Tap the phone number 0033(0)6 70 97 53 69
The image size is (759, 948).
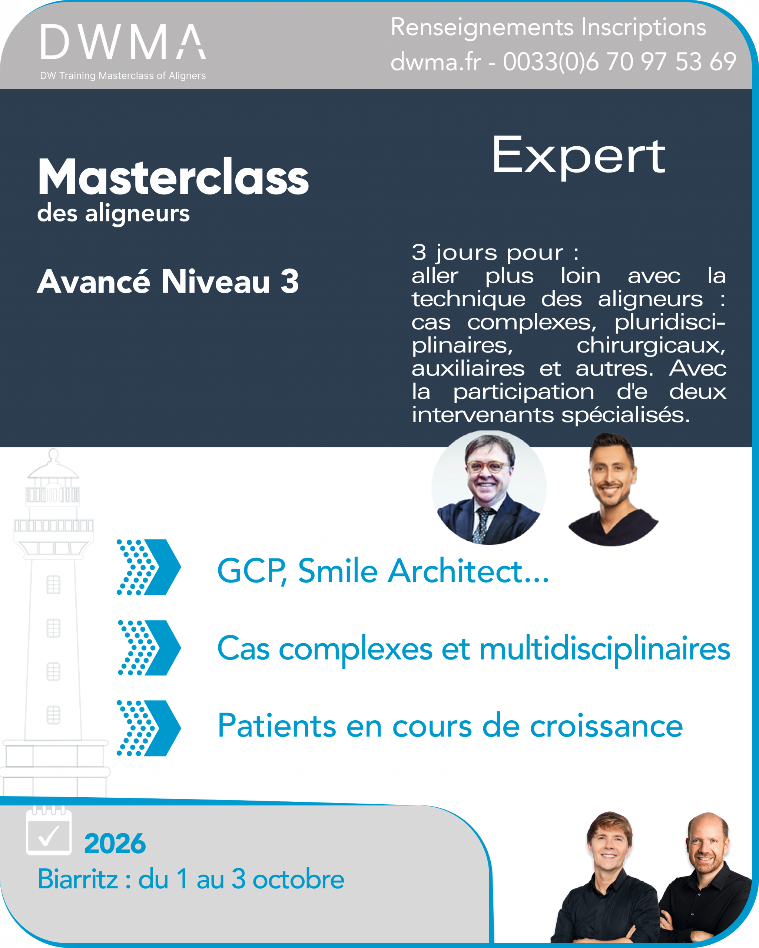tap(620, 61)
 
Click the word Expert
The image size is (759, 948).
tap(578, 156)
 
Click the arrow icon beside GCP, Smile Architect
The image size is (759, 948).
tap(149, 567)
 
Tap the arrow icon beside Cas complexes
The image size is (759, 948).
tap(149, 648)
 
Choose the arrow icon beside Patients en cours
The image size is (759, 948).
tap(149, 728)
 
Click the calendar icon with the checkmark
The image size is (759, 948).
tap(49, 832)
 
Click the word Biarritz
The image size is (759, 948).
tap(78, 879)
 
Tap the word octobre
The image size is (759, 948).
tap(298, 879)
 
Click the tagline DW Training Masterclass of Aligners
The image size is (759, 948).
tap(123, 76)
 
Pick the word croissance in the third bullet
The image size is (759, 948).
tap(606, 727)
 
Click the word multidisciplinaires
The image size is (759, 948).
tap(604, 650)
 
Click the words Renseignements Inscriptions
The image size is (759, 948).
tap(548, 27)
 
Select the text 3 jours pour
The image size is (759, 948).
tap(487, 253)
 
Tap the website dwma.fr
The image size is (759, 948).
tap(435, 61)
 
